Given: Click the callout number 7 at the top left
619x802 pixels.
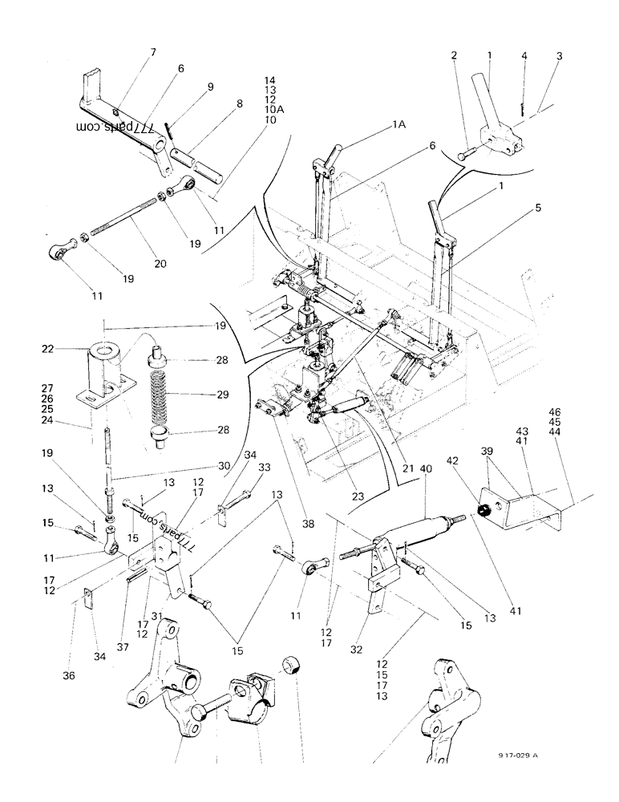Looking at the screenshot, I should (x=152, y=52).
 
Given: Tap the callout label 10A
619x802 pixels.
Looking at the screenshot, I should (x=269, y=110).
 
